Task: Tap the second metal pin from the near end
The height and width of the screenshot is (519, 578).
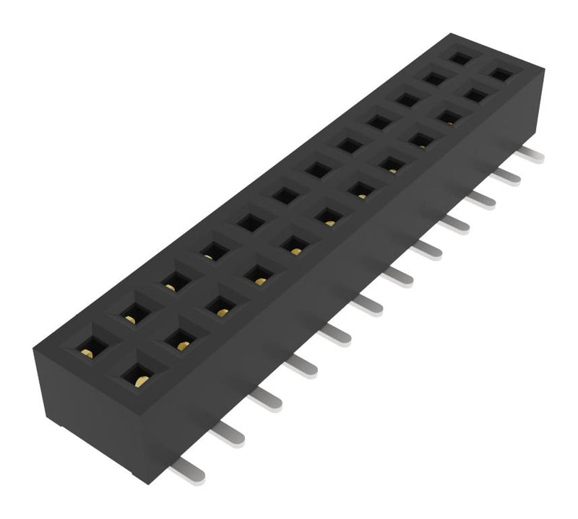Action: pos(229,434)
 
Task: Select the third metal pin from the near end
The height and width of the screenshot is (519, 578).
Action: pos(266,399)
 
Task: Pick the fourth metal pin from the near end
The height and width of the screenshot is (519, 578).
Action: pos(301,367)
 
